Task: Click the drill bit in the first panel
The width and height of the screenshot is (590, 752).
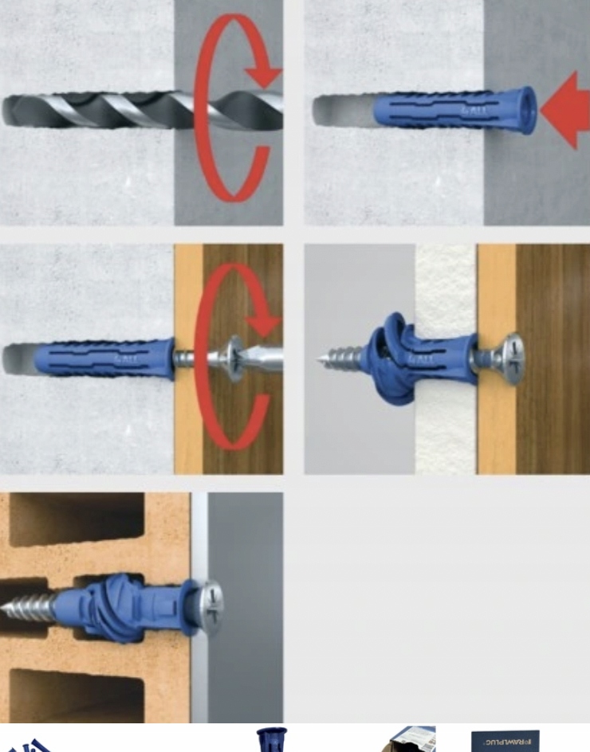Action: tap(120, 110)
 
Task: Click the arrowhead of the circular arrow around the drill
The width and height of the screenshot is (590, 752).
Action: tap(263, 76)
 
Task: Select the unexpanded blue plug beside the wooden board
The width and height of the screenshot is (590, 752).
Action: tap(104, 358)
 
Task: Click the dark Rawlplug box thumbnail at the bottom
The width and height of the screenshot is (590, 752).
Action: tap(505, 741)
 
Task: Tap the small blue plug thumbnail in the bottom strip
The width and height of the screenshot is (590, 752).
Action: tap(271, 739)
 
